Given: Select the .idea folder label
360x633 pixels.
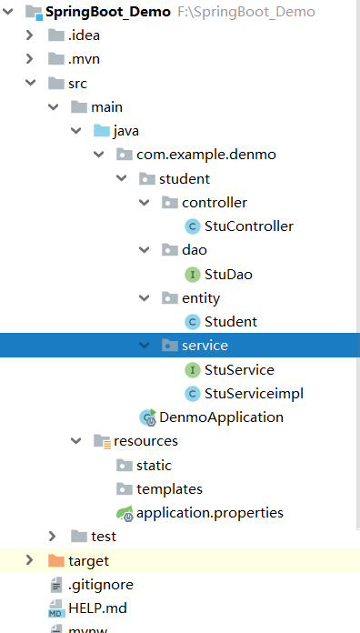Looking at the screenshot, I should click(x=84, y=35).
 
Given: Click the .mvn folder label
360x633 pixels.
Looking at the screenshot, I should click(x=85, y=59).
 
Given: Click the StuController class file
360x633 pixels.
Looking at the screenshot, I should click(x=248, y=226).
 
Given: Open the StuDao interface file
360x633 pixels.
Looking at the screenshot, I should click(x=227, y=273).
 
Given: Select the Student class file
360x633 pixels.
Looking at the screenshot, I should click(x=230, y=321).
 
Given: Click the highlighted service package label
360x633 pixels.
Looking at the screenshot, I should click(x=204, y=345).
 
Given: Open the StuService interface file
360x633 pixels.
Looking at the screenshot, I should click(x=238, y=369).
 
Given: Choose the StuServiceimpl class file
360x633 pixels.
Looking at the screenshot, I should click(x=254, y=393).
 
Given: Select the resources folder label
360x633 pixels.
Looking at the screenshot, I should click(x=145, y=441).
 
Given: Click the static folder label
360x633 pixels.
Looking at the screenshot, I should click(x=154, y=465).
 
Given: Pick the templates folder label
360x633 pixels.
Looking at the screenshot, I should click(x=169, y=488).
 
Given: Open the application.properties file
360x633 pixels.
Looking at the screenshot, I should click(x=209, y=512).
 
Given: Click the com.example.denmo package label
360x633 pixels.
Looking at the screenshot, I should click(x=205, y=155).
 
